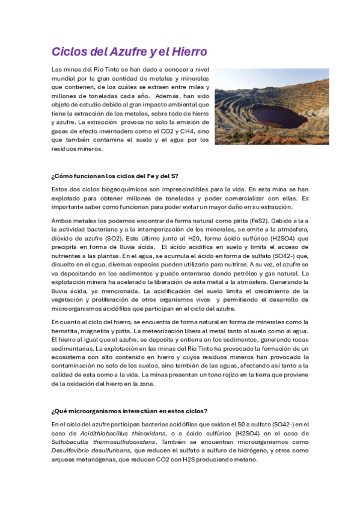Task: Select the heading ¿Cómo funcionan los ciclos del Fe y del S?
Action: pos(115,176)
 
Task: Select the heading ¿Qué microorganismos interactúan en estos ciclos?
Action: pos(130,411)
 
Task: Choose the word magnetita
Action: pos(99,330)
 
